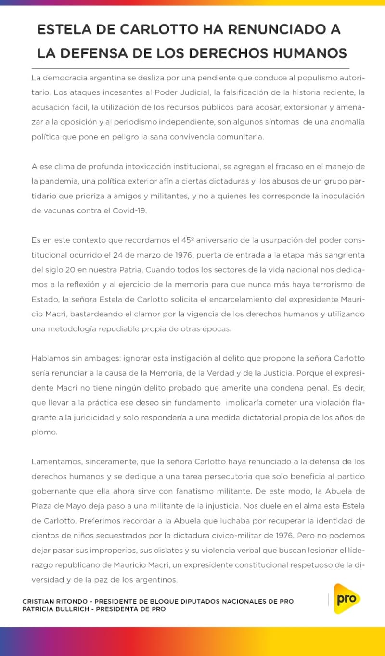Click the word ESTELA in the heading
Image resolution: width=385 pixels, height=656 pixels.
pyautogui.click(x=61, y=30)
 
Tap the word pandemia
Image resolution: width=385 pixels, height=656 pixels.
pyautogui.click(x=57, y=181)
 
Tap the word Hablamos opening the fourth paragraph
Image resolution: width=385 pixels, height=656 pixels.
pyautogui.click(x=50, y=358)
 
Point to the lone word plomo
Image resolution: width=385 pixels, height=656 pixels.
pyautogui.click(x=44, y=432)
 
